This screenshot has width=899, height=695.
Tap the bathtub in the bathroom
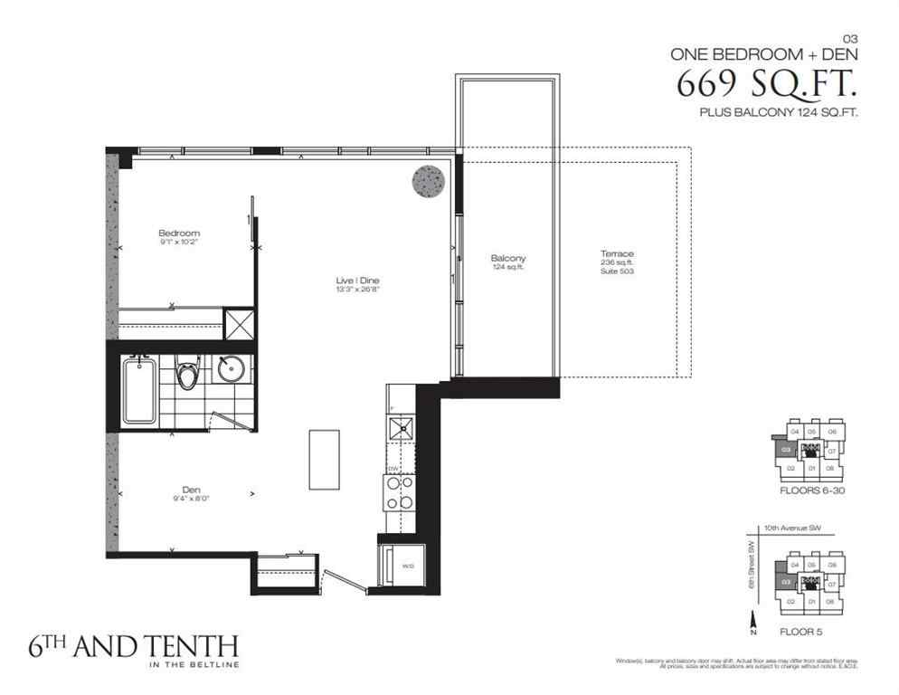click(x=140, y=389)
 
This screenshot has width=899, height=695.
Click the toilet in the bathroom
click(x=188, y=374)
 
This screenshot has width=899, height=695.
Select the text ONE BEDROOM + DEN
click(x=763, y=53)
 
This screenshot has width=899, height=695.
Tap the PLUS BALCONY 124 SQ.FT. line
click(x=778, y=113)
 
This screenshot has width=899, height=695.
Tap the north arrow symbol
click(x=752, y=622)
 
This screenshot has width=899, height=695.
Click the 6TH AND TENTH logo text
click(x=120, y=647)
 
